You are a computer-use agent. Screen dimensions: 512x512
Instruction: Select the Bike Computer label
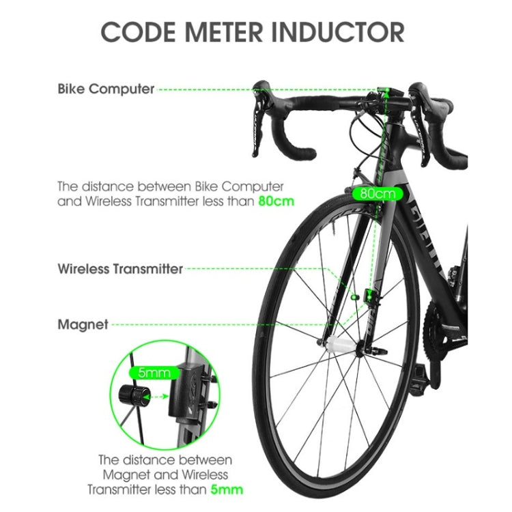(106, 89)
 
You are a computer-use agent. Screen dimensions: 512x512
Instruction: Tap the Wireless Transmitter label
(120, 269)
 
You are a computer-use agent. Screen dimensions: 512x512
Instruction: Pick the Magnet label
(83, 325)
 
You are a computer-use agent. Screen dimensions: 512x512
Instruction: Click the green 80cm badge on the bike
(378, 193)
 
